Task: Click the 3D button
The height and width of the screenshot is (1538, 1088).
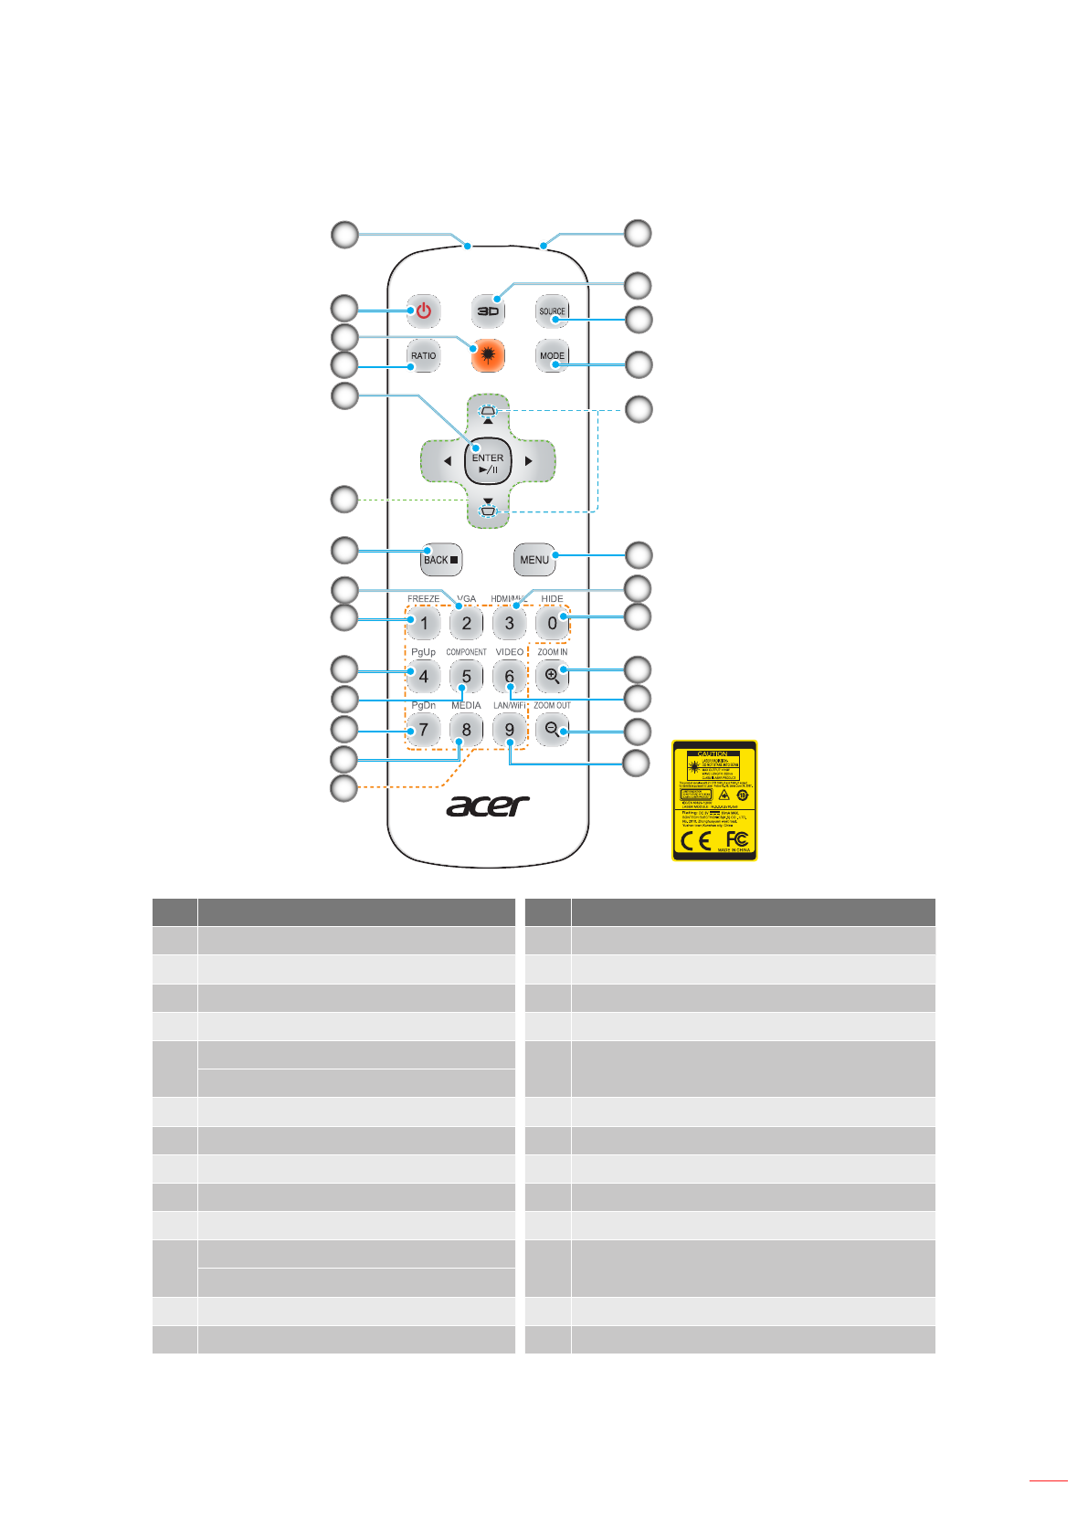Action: [x=488, y=311]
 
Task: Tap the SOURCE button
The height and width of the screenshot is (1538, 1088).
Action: [x=552, y=311]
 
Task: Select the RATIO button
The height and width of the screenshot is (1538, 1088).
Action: [x=423, y=356]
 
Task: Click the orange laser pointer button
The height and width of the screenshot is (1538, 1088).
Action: [x=488, y=356]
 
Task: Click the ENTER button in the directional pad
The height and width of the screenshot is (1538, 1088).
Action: [x=488, y=463]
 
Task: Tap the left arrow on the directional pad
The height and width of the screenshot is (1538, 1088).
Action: [x=447, y=462]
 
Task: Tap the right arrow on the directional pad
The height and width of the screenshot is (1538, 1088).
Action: [x=529, y=462]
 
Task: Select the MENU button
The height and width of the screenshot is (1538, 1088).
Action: [x=534, y=560]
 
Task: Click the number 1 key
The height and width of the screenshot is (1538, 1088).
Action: [x=423, y=624]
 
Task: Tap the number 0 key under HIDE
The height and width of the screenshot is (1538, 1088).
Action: [x=552, y=624]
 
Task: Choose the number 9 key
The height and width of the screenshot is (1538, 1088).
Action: [x=509, y=730]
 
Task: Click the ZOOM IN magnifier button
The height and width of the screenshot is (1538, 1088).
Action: [x=552, y=677]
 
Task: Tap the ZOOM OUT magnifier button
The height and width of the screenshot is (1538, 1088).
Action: [x=552, y=730]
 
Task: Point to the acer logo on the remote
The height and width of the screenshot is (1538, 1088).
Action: [x=488, y=806]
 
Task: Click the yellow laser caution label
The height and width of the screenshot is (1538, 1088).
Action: [x=714, y=800]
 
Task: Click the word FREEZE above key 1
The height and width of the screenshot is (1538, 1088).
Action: [x=423, y=599]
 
